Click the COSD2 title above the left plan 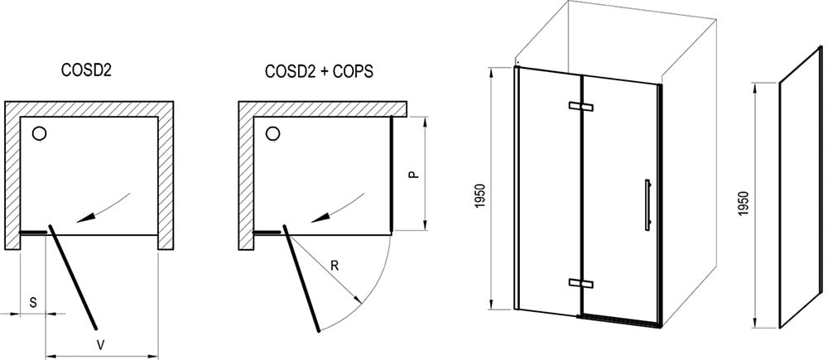click(87, 71)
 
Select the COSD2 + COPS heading click(319, 71)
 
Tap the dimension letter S click(33, 303)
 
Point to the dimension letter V click(101, 345)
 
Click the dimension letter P click(415, 174)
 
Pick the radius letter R click(335, 266)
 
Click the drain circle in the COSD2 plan click(39, 133)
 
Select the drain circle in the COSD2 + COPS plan click(272, 133)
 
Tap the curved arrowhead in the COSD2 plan click(86, 217)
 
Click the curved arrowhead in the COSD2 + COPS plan click(320, 217)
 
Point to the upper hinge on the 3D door click(581, 106)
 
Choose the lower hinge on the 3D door click(581, 283)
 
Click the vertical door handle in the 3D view click(647, 205)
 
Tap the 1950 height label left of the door click(479, 196)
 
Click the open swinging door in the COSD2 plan click(73, 277)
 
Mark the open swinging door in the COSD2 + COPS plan click(301, 279)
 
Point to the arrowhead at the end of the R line click(358, 300)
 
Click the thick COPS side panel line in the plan click(392, 174)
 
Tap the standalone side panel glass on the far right click(800, 187)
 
